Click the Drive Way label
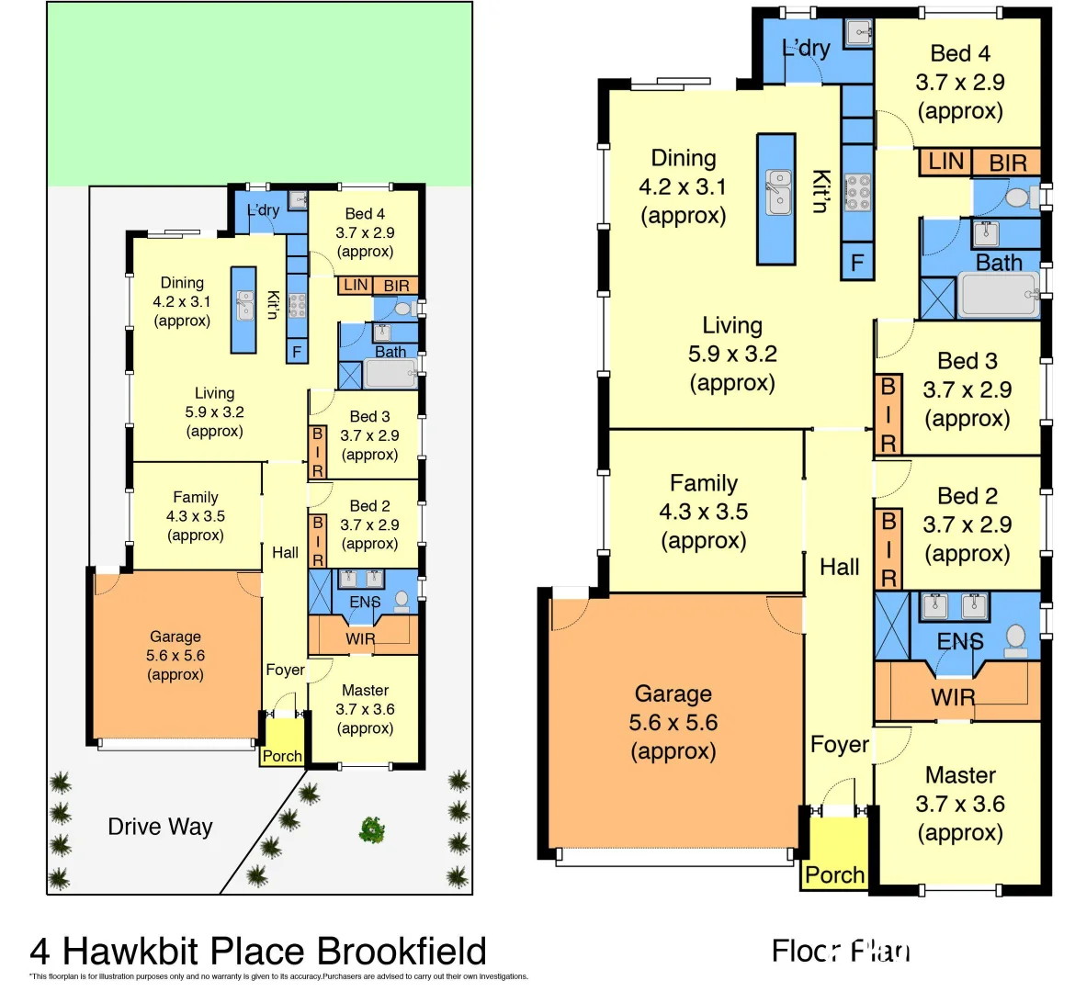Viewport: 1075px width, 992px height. (160, 827)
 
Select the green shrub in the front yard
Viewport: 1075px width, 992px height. (371, 829)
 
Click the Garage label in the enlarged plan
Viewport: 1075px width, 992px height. (673, 693)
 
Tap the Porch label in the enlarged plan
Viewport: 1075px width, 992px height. (834, 874)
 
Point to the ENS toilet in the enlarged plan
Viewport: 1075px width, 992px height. (1015, 639)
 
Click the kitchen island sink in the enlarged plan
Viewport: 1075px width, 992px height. (778, 192)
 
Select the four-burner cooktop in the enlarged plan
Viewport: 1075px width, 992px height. (857, 193)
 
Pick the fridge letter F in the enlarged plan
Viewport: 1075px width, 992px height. (856, 264)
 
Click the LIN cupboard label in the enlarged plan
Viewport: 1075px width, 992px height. (945, 162)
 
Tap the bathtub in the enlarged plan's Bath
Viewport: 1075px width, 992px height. (997, 295)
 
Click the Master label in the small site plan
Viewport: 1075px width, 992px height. (365, 690)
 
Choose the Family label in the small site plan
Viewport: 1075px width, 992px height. (196, 497)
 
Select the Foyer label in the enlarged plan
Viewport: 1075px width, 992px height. (839, 744)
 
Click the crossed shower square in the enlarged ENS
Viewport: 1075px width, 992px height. (891, 626)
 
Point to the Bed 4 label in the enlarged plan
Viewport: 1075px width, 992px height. (960, 53)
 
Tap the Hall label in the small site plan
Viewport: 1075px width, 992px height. (285, 552)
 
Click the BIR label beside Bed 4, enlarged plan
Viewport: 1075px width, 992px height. (1008, 163)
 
